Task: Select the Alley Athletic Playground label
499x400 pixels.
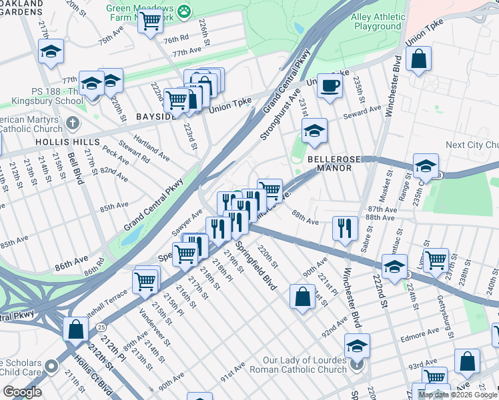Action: coord(378,21)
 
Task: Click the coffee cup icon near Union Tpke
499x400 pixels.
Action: coord(329,85)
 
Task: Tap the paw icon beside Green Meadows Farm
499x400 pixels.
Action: coord(183,11)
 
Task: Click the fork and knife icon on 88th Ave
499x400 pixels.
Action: coord(345,228)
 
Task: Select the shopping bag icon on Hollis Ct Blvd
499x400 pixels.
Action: coord(75,329)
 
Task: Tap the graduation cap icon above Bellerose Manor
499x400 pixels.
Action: coord(314,131)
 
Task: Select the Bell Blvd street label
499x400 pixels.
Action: coord(75,167)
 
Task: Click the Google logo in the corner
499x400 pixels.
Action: coord(22,392)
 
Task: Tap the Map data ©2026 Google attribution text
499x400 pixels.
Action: coord(458,395)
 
